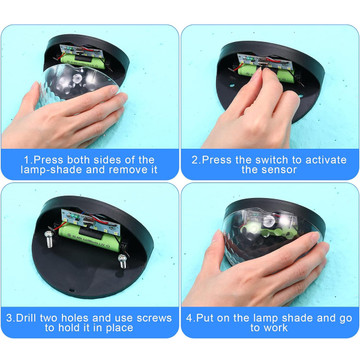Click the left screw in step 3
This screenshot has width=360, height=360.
49,239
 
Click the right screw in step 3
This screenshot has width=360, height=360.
123,261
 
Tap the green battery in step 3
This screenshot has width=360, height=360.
90,237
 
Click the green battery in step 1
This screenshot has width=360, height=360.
82,61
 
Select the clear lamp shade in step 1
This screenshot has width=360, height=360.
76,83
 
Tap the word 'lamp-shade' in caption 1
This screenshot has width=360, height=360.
51,170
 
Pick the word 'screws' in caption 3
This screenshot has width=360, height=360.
153,318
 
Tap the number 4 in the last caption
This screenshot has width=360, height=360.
189,318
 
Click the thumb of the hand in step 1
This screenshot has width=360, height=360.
32,100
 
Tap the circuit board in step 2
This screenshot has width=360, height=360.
265,62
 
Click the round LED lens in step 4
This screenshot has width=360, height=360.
268,220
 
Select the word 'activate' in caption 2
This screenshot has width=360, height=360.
320,160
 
